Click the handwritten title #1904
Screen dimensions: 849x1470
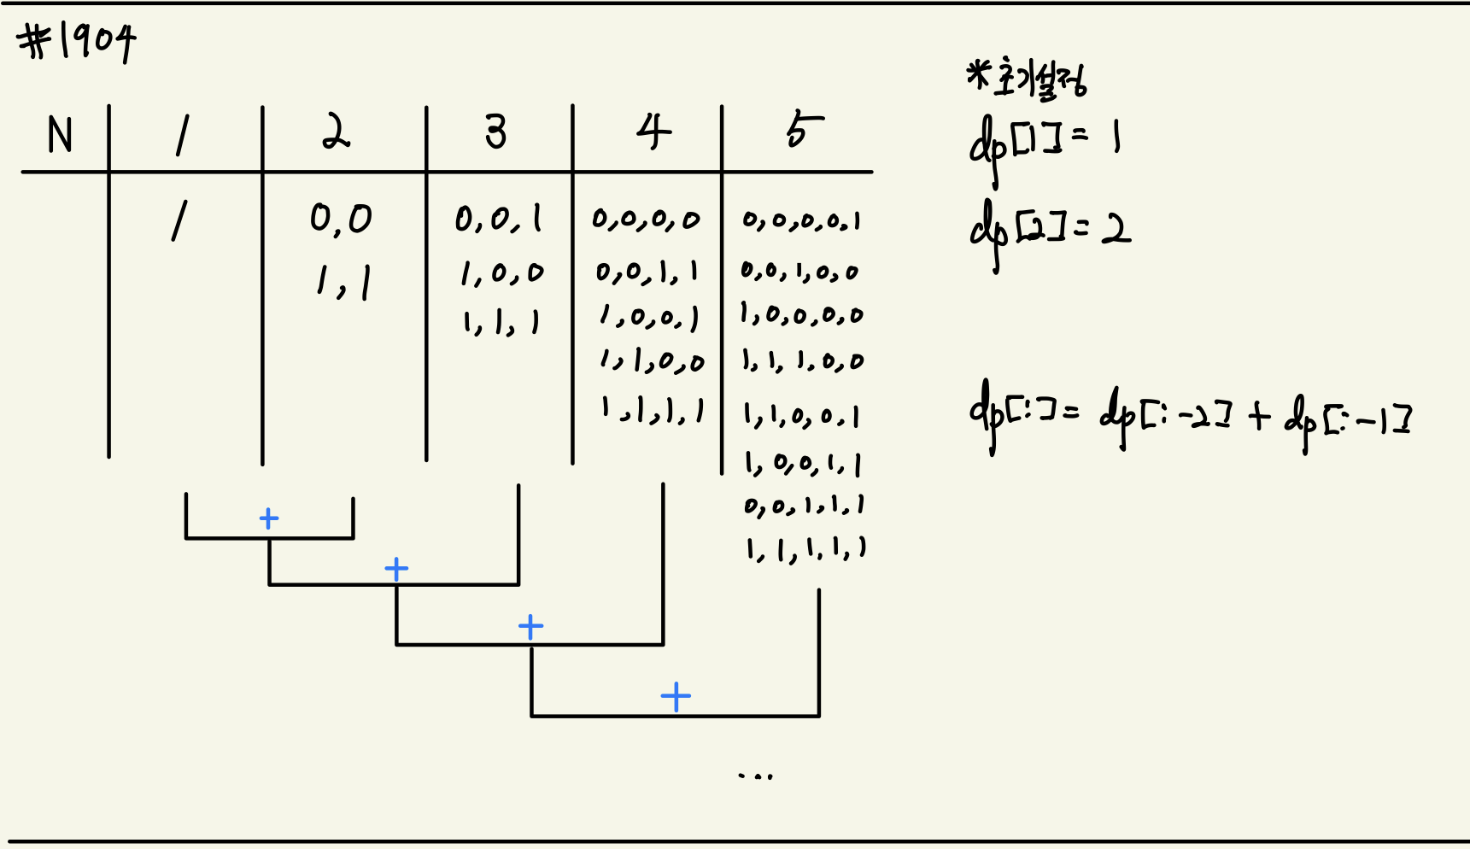point(77,42)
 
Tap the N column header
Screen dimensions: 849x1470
point(60,135)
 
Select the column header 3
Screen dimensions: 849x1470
point(496,132)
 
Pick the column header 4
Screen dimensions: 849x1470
point(653,132)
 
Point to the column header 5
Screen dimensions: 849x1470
point(804,131)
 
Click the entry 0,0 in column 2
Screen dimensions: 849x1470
point(341,220)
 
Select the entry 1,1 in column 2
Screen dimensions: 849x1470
point(343,282)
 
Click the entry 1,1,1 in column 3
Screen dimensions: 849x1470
point(501,323)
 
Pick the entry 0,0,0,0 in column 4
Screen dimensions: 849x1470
point(646,220)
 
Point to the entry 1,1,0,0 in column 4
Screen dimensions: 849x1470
point(651,362)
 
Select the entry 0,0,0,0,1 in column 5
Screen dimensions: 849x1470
point(801,222)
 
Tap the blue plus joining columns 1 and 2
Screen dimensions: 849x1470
point(269,518)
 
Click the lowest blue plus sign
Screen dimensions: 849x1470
point(676,697)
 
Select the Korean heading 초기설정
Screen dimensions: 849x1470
point(1028,79)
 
